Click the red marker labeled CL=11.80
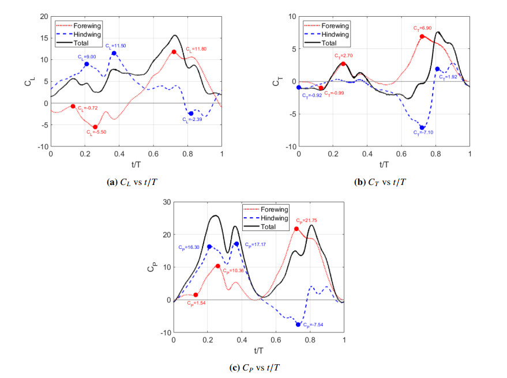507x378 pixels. point(174,52)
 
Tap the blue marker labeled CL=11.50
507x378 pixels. point(114,53)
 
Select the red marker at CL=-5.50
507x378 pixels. point(95,127)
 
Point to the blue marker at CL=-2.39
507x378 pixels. point(191,114)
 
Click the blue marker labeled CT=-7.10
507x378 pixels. point(422,127)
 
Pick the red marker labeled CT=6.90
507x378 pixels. point(422,36)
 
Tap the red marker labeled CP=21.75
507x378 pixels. point(296,229)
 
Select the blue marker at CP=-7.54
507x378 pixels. point(298,324)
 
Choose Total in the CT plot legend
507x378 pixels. point(328,43)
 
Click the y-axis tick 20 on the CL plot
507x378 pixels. point(44,16)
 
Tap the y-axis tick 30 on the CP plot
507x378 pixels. point(167,202)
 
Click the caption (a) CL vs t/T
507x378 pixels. point(137,182)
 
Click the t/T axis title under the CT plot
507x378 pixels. point(384,164)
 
